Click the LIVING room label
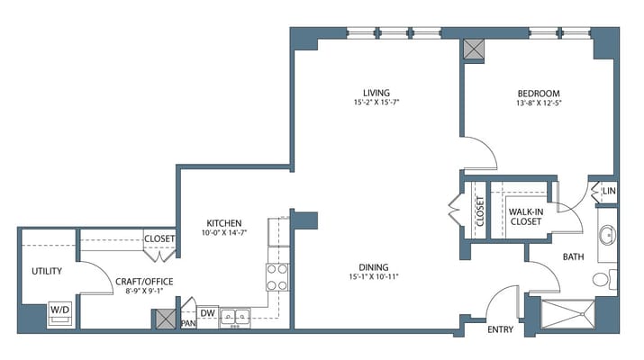(x=376, y=93)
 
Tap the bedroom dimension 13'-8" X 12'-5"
(x=539, y=103)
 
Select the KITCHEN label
(x=224, y=223)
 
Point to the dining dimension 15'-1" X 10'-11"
(x=373, y=276)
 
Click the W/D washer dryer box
(x=60, y=313)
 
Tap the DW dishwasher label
(x=208, y=313)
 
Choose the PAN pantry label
(x=188, y=323)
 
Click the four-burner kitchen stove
(x=277, y=277)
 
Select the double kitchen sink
(x=235, y=317)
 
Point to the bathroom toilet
(x=604, y=280)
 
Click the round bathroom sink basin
(x=607, y=235)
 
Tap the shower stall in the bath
(x=567, y=314)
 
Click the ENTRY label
(x=500, y=329)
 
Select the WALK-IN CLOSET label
(x=526, y=217)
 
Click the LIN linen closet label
(x=609, y=191)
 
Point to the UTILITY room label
(x=47, y=271)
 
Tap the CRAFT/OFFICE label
(x=144, y=282)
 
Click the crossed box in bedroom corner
(x=474, y=50)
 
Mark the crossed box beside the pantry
(x=166, y=319)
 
